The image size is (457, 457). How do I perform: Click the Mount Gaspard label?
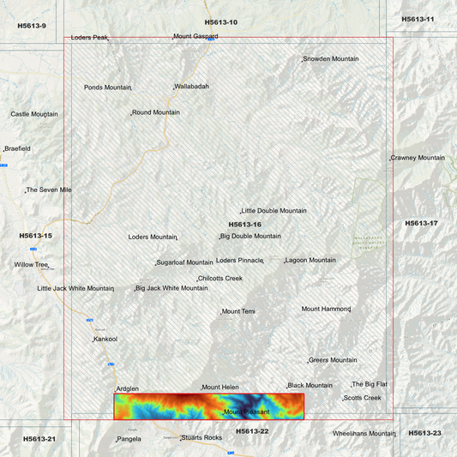196,37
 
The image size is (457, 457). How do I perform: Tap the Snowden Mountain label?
331,59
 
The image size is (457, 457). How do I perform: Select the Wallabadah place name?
192,87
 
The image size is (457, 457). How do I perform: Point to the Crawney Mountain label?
418,158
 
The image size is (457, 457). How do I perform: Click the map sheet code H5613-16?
244,224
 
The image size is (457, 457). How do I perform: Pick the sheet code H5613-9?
32,26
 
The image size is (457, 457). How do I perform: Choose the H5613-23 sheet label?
424,433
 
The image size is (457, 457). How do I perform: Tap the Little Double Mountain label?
274,211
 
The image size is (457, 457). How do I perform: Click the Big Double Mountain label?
250,236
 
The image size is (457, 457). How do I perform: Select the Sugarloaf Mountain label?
184,262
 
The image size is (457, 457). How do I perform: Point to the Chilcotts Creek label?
220,279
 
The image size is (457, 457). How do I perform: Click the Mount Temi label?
239,311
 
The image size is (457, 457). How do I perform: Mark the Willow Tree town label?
31,265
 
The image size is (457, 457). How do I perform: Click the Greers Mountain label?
333,360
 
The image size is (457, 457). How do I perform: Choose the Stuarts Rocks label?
201,438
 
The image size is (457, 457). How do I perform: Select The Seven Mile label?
49,189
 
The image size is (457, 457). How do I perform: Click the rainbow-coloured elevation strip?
209,406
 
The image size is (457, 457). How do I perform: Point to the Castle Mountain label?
34,114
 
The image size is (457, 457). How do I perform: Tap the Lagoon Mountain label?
310,260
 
